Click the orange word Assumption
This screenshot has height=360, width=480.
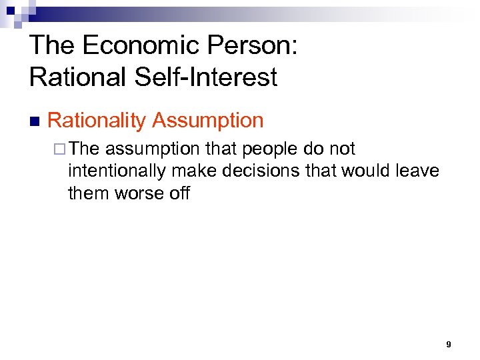[x=208, y=121]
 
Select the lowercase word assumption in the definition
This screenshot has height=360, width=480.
[x=152, y=149]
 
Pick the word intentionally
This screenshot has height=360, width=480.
[x=117, y=171]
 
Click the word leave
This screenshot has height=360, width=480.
[x=419, y=171]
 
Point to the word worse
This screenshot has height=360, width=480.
[x=141, y=193]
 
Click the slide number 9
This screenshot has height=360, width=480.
[x=448, y=345]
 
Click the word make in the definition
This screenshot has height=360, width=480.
[x=192, y=171]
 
